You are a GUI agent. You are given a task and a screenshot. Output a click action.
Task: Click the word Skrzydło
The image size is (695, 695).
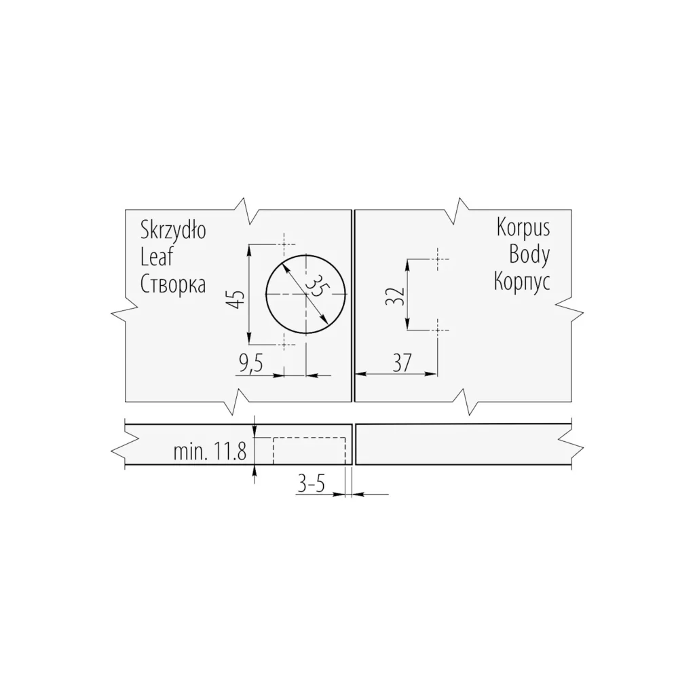coord(173,231)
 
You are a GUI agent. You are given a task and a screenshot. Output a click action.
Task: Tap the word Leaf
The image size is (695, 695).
coord(157,257)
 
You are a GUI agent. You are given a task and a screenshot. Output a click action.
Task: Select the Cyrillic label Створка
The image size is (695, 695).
coord(173,284)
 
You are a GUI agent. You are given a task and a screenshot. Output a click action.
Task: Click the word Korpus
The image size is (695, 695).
coord(523,229)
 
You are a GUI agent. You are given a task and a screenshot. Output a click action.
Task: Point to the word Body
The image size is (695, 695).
coord(529,255)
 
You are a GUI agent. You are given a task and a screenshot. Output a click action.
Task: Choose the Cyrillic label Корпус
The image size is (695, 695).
coord(522,282)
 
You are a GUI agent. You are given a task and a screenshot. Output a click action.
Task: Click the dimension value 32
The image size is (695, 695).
coord(395,296)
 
